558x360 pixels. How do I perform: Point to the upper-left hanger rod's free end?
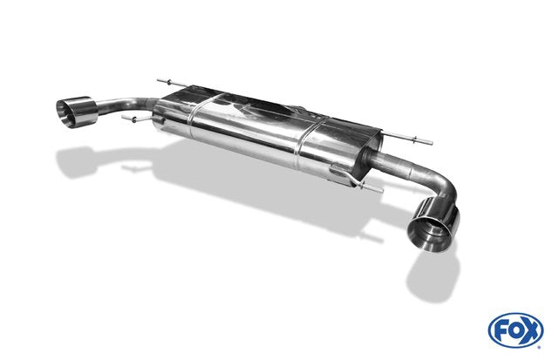(158, 80)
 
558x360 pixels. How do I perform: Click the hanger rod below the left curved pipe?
(138, 119)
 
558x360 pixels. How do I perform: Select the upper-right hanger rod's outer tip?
(432, 143)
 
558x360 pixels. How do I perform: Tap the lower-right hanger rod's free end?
(382, 191)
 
